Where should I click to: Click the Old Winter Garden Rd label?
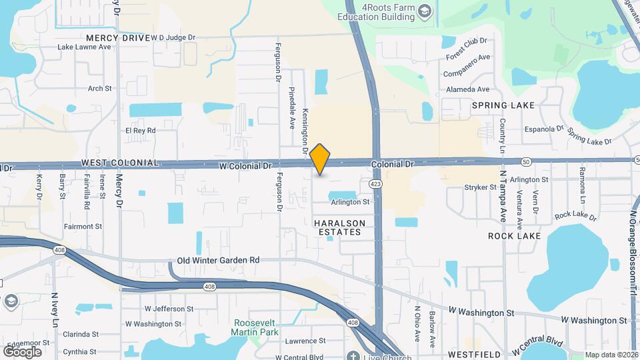pos(218,260)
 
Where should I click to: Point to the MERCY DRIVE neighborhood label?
pos(115,38)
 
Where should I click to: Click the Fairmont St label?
pos(83,227)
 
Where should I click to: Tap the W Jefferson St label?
pos(169,309)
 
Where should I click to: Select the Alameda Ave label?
pos(467,89)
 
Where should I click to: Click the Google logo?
pos(22,351)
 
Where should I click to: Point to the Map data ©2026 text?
pos(611,355)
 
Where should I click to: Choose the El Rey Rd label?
pos(140,131)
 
